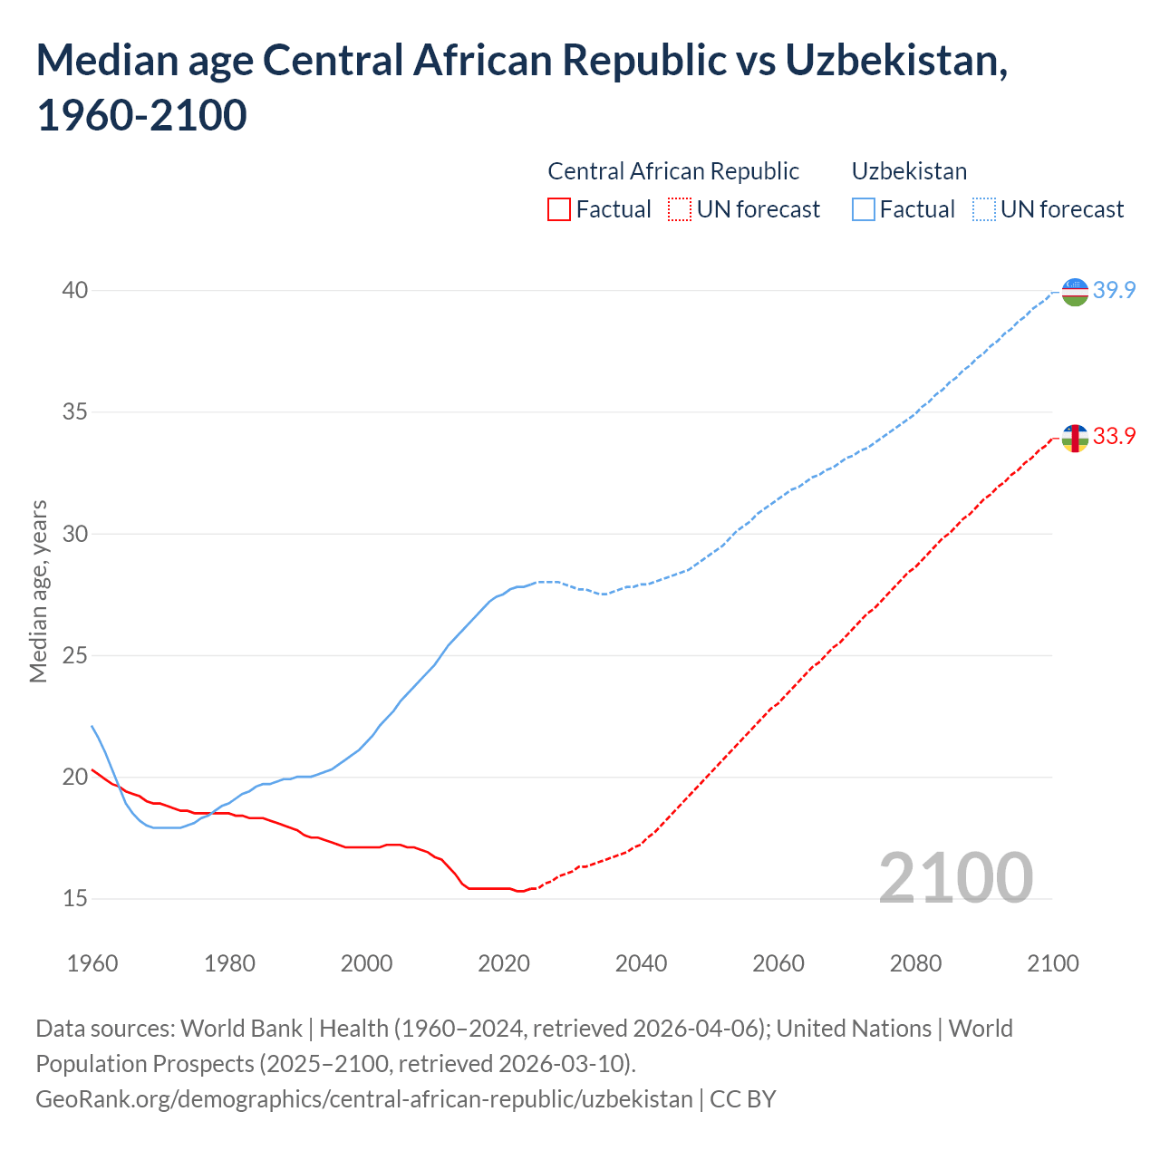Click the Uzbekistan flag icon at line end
(1074, 292)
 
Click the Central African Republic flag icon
(1074, 438)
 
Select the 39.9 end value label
(1114, 291)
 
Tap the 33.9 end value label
(1114, 437)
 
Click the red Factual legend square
(559, 210)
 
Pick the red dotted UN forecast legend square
(680, 210)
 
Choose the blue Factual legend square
(864, 210)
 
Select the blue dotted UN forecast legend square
(984, 210)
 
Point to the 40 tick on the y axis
(74, 291)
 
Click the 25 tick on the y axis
(74, 655)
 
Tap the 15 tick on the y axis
(74, 899)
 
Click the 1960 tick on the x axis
(92, 963)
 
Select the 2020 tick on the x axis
(504, 963)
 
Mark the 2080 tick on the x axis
(915, 963)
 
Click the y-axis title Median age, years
(38, 591)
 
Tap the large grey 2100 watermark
(955, 878)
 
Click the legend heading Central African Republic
(673, 171)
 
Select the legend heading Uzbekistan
(909, 171)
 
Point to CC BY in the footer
(743, 1099)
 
